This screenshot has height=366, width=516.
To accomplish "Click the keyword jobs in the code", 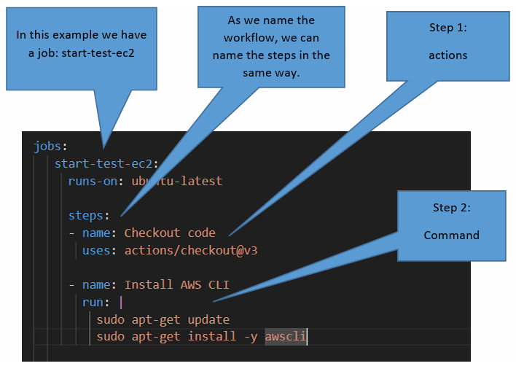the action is [47, 146].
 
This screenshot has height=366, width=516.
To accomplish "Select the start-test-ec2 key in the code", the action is [103, 163].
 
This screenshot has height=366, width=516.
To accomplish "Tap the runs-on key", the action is [93, 181].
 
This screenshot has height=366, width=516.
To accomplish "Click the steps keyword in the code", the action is [85, 216].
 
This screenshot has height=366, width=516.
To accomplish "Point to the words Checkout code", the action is [170, 233].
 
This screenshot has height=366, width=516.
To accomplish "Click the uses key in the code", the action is [96, 251].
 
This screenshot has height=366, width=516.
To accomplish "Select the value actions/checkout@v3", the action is [191, 251].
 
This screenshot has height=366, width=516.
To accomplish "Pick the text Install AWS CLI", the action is [176, 284].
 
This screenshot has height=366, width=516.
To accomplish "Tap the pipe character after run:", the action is [121, 302].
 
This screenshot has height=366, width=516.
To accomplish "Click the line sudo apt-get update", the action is [163, 319].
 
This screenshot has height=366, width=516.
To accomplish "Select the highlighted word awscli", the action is [286, 336].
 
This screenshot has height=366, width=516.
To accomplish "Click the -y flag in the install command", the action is [251, 337].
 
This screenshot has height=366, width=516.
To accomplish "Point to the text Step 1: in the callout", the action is [448, 28].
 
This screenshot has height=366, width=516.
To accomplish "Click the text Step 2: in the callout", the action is [452, 208].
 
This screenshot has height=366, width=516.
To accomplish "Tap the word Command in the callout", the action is [452, 235].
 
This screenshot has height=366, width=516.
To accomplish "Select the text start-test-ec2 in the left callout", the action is [98, 53].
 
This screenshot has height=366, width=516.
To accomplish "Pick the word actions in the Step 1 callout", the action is [448, 55].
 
